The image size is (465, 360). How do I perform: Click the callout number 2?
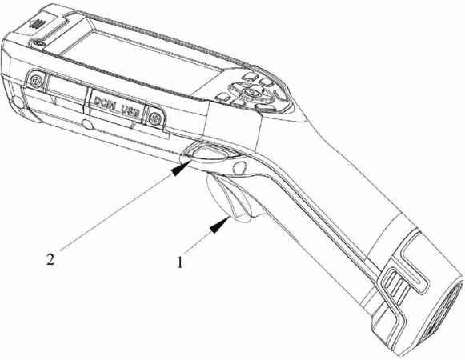pyautogui.click(x=50, y=260)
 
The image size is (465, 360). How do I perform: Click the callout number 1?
pyautogui.click(x=180, y=262)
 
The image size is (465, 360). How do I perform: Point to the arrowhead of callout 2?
pyautogui.click(x=180, y=169)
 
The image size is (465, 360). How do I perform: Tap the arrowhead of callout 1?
pyautogui.click(x=219, y=226)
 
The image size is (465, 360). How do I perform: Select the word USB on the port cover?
pyautogui.click(x=131, y=111)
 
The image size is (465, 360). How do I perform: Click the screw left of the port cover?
pyautogui.click(x=37, y=80)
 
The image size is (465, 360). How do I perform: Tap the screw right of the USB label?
pyautogui.click(x=154, y=118)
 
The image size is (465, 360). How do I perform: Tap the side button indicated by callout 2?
pyautogui.click(x=208, y=152)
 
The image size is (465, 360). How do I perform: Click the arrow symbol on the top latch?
pyautogui.click(x=37, y=23)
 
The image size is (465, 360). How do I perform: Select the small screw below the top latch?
pyautogui.click(x=38, y=43)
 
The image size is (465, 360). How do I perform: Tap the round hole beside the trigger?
pyautogui.click(x=239, y=167)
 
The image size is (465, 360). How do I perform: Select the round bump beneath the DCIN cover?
pyautogui.click(x=87, y=124)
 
